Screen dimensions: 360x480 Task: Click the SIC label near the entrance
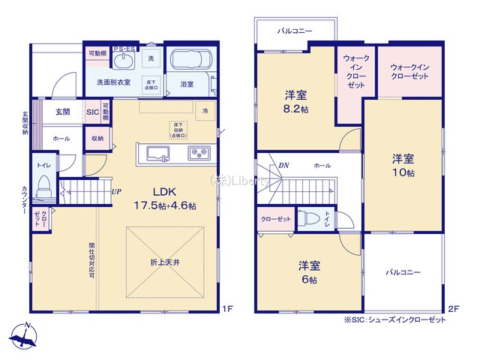pyautogui.click(x=93, y=112)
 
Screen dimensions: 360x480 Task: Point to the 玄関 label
pyautogui.click(x=62, y=112)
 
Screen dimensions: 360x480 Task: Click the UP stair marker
pyautogui.click(x=117, y=191)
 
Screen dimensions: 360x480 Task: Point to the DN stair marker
pyautogui.click(x=284, y=165)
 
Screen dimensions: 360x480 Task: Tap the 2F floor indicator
pyautogui.click(x=452, y=307)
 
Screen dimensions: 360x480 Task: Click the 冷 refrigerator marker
pyautogui.click(x=205, y=110)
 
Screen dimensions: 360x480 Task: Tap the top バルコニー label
pyautogui.click(x=294, y=31)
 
